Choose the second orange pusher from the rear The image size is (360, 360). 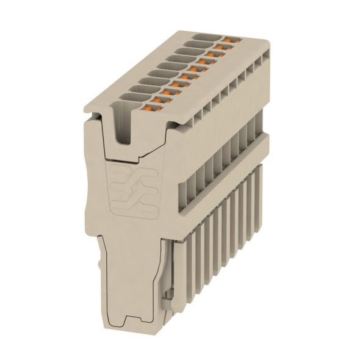click(x=222, y=48)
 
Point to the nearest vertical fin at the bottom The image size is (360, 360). click(x=183, y=268)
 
